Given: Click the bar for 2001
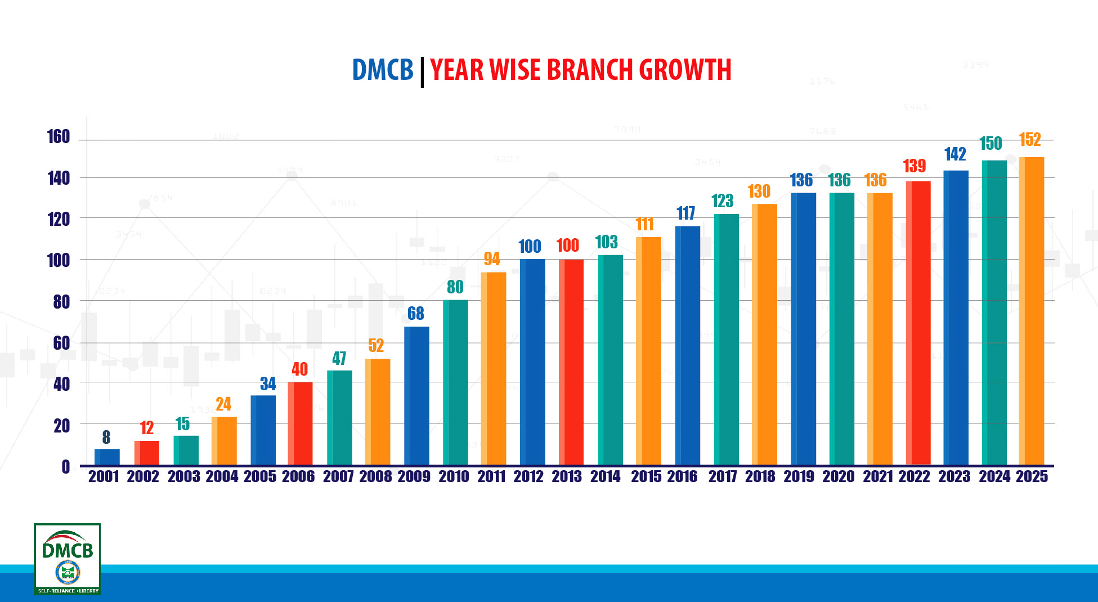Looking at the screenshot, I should (107, 457).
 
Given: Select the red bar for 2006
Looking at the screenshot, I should (300, 423).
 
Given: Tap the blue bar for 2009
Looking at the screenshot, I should (416, 395).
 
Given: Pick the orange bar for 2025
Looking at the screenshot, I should (1031, 311).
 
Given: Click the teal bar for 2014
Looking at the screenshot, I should (611, 360).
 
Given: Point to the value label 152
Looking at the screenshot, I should (1030, 139).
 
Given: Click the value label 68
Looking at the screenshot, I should (416, 313).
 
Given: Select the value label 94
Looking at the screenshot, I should (492, 258).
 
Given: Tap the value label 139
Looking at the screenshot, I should (915, 166).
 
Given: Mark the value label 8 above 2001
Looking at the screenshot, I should (106, 437).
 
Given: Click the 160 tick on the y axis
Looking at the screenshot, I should (59, 136).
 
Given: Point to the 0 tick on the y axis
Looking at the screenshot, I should (66, 466).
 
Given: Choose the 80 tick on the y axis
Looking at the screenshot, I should (61, 302).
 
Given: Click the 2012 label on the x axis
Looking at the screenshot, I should (528, 476).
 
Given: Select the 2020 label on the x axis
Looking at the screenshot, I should (839, 476).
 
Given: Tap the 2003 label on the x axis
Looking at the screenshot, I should (184, 476).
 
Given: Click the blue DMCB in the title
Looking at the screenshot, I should (383, 70).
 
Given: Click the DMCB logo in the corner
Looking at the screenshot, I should (68, 559).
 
